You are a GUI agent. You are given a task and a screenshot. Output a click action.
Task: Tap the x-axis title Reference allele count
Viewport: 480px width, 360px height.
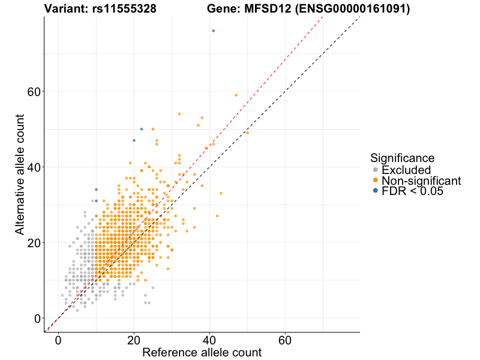click(202, 352)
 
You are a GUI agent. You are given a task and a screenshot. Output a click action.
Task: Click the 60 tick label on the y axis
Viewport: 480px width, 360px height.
click(34, 92)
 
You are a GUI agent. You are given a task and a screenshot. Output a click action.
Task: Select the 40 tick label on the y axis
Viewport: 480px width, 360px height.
click(34, 167)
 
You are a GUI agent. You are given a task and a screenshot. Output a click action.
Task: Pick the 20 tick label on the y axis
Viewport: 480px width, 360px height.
click(34, 243)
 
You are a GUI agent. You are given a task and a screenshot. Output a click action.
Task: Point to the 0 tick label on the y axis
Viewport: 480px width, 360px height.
click(37, 319)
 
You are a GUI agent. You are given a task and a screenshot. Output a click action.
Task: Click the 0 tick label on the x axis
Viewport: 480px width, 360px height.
click(58, 341)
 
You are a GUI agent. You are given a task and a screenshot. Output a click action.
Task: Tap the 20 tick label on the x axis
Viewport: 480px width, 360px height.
click(134, 341)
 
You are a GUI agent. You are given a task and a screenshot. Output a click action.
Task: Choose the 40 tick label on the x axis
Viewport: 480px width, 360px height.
click(209, 341)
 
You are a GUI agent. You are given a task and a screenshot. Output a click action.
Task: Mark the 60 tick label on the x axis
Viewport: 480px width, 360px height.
click(285, 341)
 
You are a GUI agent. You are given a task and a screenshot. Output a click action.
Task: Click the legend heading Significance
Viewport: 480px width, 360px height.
click(402, 158)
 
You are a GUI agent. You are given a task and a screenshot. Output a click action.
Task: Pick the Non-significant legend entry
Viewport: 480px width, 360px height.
click(421, 181)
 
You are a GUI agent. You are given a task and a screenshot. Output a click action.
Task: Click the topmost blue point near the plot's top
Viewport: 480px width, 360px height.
click(213, 31)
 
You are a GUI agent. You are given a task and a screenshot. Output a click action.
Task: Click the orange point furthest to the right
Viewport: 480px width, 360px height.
click(247, 133)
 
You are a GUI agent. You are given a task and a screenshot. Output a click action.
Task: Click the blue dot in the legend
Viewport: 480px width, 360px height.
click(376, 191)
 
